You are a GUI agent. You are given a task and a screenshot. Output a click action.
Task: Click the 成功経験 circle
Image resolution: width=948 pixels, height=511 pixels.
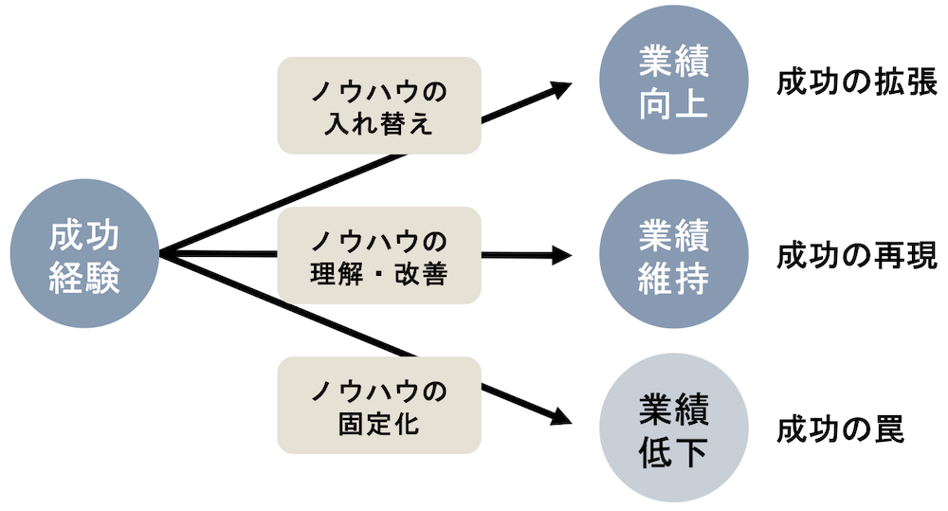click(x=85, y=255)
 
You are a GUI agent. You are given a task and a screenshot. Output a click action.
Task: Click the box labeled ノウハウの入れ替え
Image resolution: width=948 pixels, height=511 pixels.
click(x=379, y=106)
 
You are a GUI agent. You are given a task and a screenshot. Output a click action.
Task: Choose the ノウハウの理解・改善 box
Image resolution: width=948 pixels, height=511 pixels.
click(x=379, y=255)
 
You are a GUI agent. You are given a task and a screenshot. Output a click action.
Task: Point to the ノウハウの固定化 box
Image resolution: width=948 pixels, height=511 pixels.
click(x=379, y=405)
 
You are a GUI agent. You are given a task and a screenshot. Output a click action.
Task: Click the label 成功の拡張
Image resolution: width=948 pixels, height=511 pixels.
click(x=856, y=82)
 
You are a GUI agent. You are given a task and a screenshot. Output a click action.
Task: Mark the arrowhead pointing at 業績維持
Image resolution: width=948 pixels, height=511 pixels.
click(x=560, y=255)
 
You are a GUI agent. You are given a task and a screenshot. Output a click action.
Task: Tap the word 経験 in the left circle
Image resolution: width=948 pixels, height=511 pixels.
click(x=85, y=277)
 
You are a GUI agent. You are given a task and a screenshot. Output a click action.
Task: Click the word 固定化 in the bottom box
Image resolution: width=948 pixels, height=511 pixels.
click(x=379, y=423)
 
